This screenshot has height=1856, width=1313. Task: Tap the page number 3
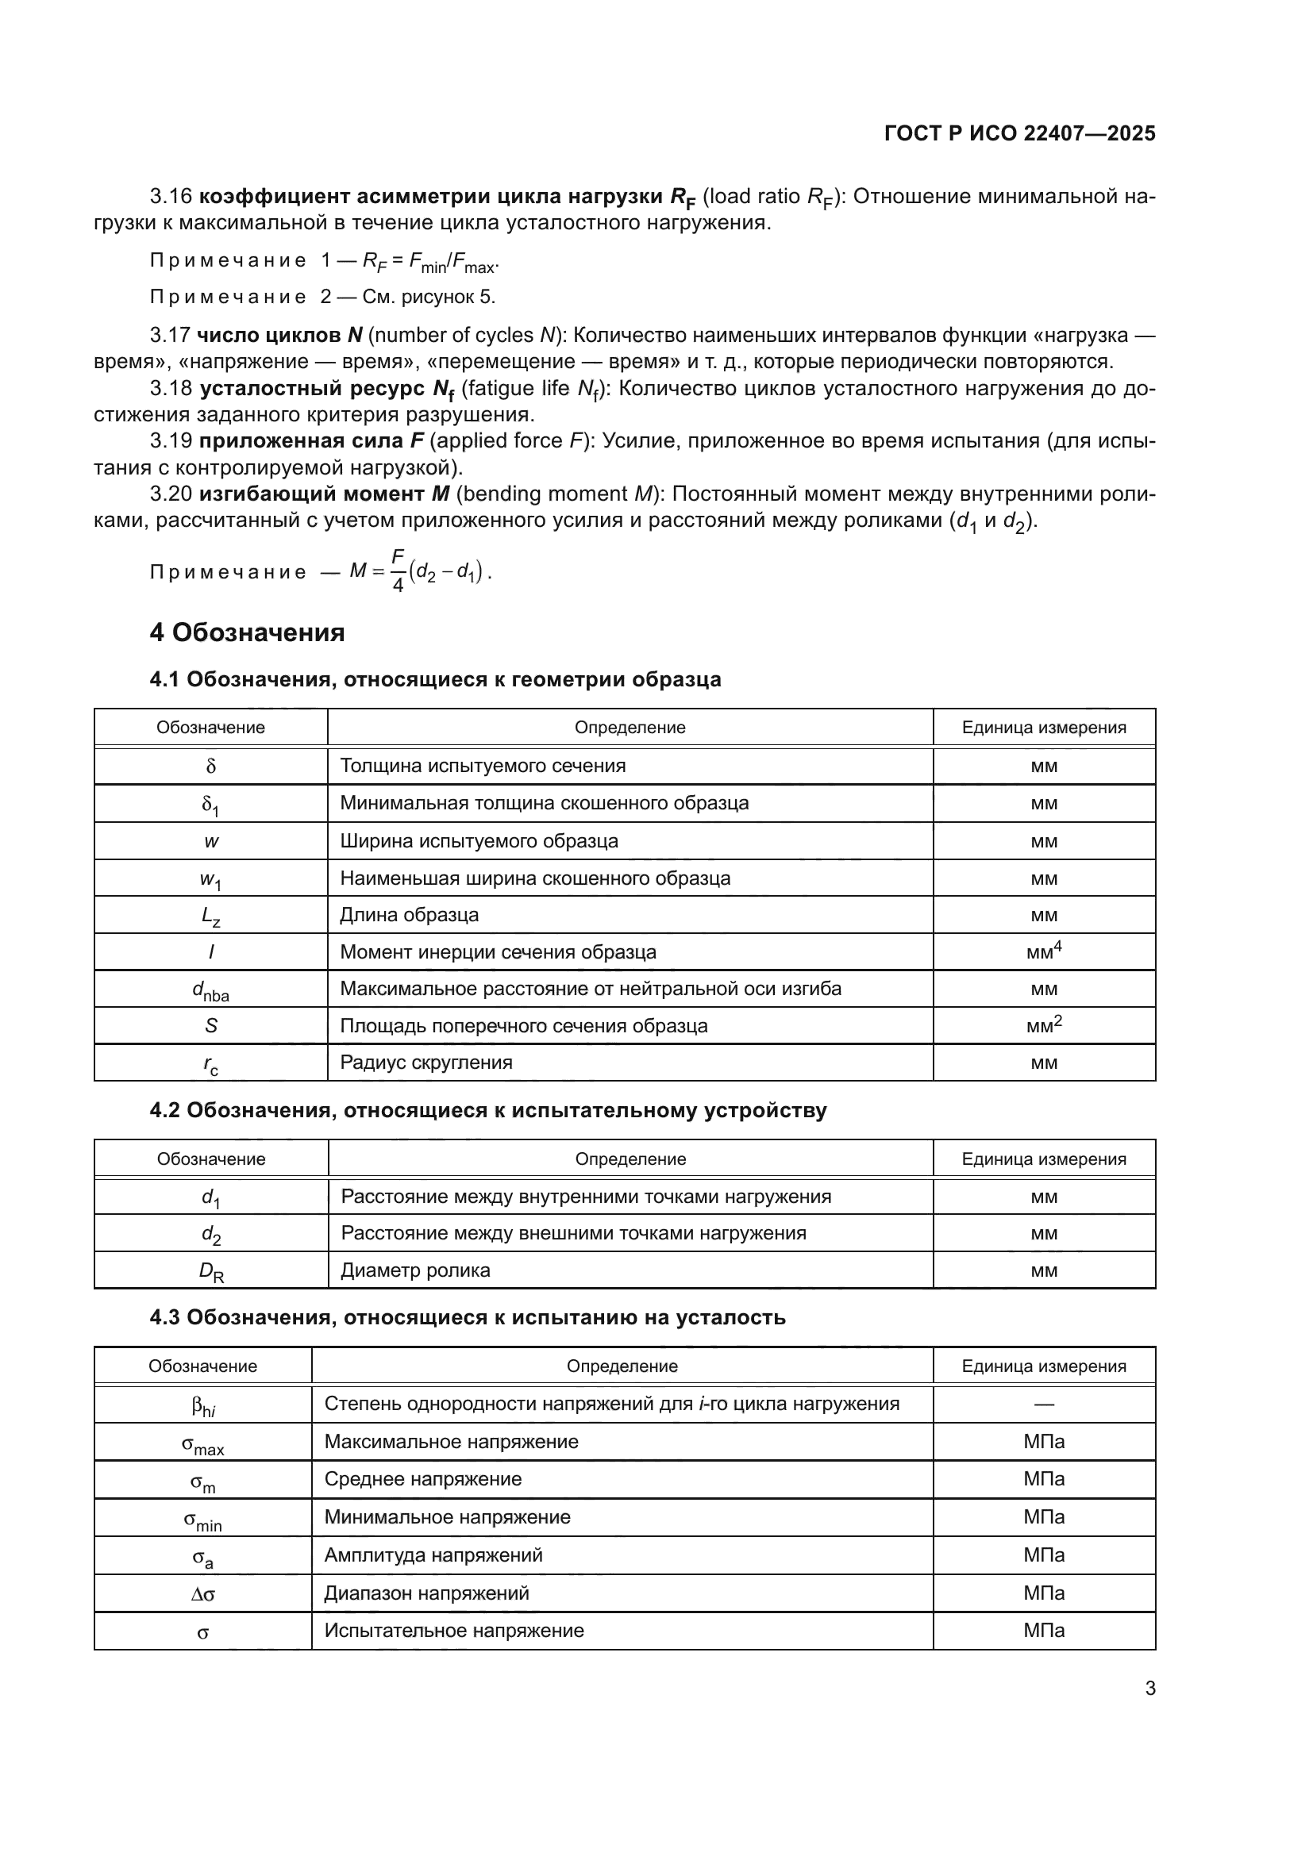[x=1149, y=1688]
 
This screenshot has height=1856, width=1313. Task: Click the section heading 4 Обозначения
[x=247, y=632]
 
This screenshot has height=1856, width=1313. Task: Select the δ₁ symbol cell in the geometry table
[x=210, y=805]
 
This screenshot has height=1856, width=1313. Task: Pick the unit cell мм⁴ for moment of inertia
[x=1043, y=951]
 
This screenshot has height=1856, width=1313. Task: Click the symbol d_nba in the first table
[x=210, y=989]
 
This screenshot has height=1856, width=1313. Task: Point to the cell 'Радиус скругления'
[x=426, y=1062]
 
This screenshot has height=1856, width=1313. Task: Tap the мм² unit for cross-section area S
[x=1043, y=1025]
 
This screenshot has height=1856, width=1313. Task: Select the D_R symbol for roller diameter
[x=211, y=1270]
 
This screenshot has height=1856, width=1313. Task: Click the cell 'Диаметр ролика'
[x=415, y=1270]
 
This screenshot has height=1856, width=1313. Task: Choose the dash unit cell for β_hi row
[x=1043, y=1404]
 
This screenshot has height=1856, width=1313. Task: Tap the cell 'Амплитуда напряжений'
[x=433, y=1555]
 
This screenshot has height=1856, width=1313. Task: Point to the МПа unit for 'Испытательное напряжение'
[x=1043, y=1631]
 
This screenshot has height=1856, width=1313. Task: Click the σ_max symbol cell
[x=202, y=1443]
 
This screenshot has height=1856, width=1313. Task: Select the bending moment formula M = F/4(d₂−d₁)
[x=421, y=571]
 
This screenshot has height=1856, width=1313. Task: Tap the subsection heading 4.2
[x=487, y=1111]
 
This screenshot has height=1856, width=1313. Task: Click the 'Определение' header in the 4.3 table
[x=622, y=1366]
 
